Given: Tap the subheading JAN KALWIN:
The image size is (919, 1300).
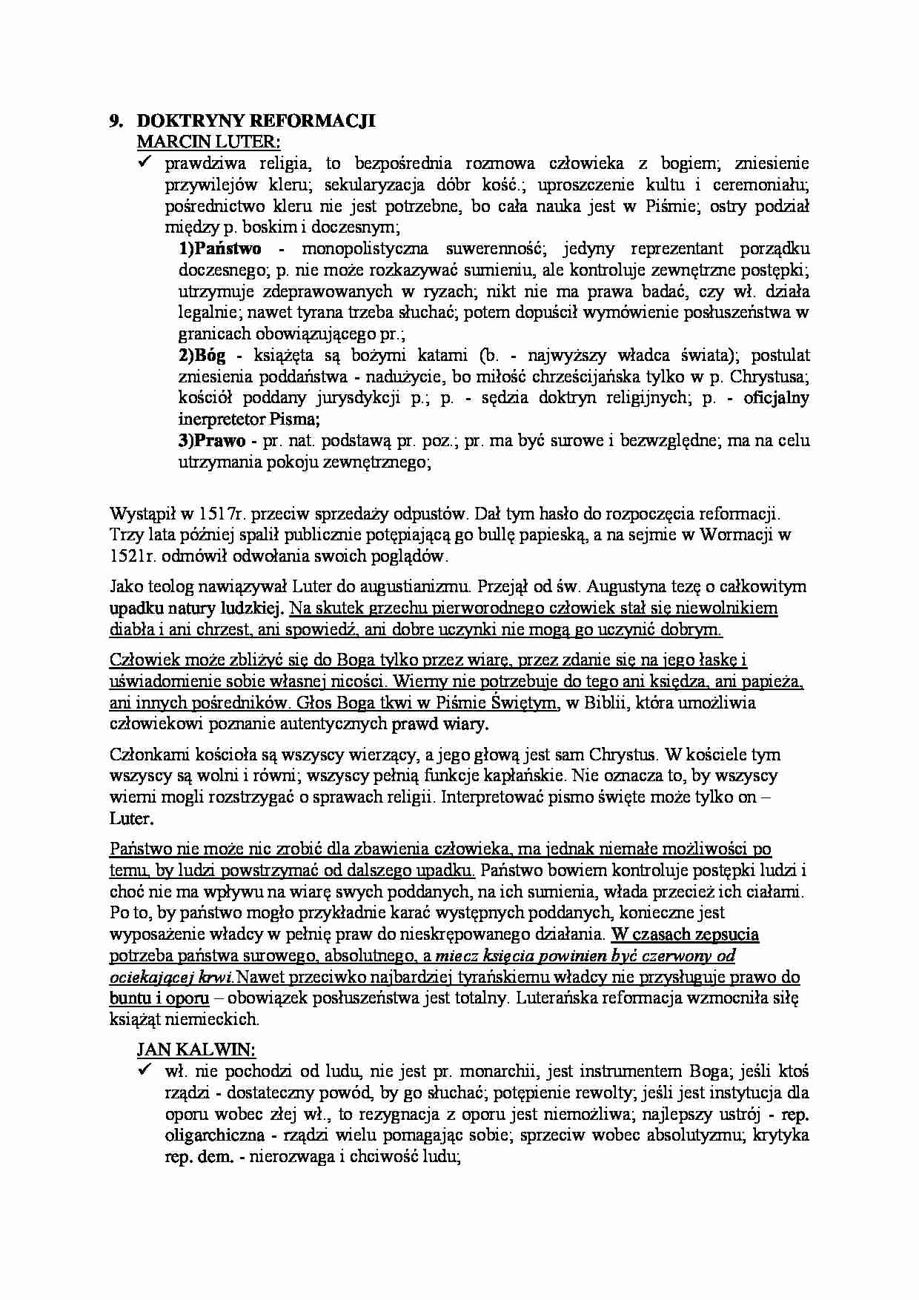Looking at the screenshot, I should (x=196, y=1049).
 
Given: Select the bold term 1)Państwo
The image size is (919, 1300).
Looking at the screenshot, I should (x=220, y=248).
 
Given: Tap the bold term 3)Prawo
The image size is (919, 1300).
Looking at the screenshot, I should (x=212, y=441).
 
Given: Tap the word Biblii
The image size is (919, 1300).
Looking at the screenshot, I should (x=607, y=703).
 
